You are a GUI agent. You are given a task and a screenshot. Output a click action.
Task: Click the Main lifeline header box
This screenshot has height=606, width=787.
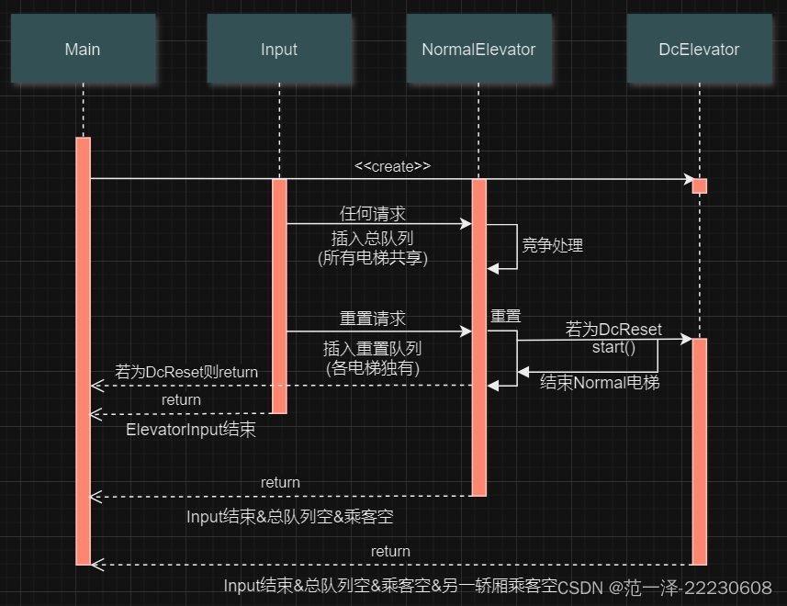click(83, 50)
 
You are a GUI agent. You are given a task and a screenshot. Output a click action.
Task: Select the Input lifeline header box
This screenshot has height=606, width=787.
click(279, 50)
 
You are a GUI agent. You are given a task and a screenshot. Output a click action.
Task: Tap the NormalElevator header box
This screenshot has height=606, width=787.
click(478, 50)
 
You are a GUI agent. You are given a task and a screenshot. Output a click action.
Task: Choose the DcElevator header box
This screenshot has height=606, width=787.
click(699, 50)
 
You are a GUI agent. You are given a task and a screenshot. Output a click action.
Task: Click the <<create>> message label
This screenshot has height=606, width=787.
click(392, 166)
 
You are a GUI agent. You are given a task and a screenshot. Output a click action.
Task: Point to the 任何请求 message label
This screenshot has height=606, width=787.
click(372, 213)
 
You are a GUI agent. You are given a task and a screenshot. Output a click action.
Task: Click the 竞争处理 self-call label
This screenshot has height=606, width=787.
click(552, 245)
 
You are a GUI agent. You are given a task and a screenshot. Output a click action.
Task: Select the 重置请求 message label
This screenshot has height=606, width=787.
click(373, 319)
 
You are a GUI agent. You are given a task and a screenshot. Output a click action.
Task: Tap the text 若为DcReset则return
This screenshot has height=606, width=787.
click(186, 372)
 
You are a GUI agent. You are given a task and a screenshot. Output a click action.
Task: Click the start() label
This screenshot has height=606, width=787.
click(613, 348)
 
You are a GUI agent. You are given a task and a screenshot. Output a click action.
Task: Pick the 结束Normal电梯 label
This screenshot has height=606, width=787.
click(600, 382)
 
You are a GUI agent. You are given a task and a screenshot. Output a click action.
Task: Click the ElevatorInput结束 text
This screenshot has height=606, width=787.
click(191, 430)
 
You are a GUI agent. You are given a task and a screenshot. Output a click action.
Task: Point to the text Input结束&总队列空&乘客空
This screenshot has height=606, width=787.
click(290, 516)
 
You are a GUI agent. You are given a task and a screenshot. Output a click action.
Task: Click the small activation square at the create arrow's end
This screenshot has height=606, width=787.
click(699, 185)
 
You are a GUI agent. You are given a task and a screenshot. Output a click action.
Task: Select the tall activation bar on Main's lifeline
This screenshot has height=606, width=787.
click(83, 349)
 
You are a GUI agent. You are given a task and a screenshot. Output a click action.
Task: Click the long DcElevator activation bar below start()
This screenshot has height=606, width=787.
click(699, 450)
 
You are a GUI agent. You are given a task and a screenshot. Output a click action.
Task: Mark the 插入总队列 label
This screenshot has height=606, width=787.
click(373, 238)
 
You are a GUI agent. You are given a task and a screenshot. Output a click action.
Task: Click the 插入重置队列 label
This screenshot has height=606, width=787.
click(373, 349)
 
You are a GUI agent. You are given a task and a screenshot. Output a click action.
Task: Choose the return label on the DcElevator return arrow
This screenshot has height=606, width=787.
click(390, 551)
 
